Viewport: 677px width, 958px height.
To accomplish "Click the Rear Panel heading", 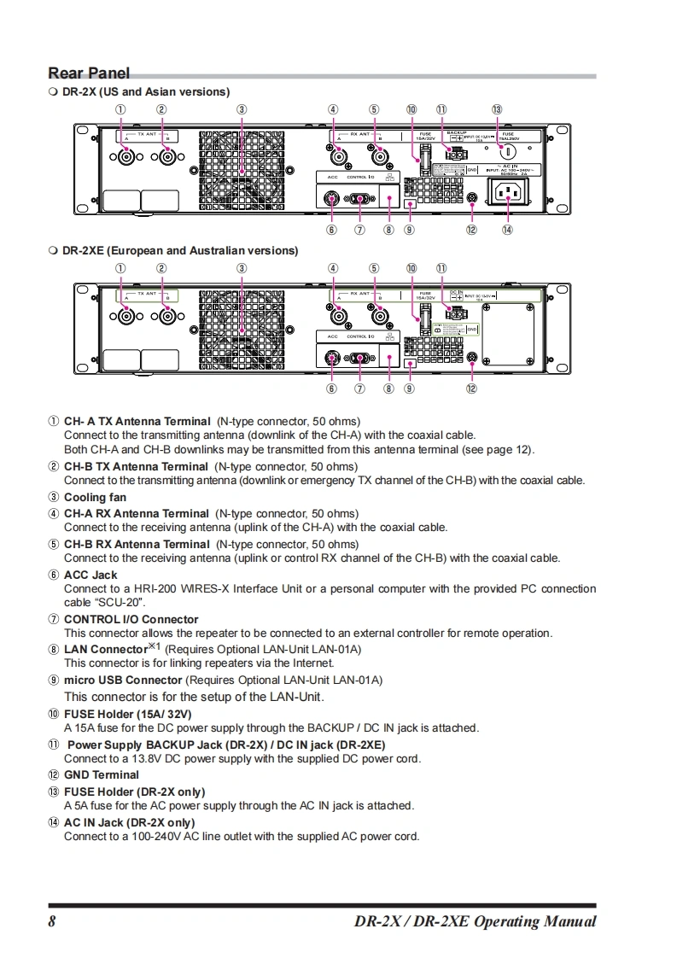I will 89,73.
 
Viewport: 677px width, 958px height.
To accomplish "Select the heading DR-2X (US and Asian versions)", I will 146,91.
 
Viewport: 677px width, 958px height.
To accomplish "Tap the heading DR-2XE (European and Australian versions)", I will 180,250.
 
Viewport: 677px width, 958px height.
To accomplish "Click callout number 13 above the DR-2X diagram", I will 497,109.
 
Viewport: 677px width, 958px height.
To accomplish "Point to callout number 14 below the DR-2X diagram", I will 507,230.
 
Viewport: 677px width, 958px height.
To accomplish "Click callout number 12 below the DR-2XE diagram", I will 471,388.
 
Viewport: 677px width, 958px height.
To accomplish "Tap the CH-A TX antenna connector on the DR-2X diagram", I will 126,157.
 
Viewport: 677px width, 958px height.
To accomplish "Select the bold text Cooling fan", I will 95,497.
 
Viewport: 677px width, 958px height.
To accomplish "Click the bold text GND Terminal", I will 101,774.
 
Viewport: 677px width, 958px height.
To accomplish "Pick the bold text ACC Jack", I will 90,575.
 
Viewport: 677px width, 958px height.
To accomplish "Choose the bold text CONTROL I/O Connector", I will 131,619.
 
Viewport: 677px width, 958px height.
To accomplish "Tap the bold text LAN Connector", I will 106,650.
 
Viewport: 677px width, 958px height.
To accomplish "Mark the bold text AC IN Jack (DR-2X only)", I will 129,822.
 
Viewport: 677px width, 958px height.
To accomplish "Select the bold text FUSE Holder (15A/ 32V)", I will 127,713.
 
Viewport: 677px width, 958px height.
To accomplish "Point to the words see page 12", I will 498,449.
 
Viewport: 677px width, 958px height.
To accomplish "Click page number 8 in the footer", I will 52,921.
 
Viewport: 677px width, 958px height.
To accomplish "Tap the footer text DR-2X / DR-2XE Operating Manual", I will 475,921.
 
